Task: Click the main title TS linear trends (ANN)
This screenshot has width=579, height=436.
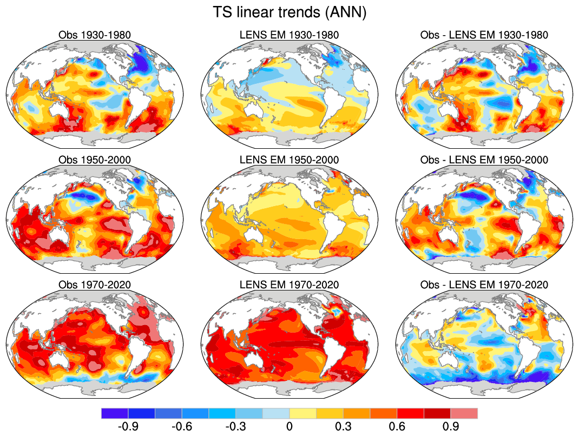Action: point(289,12)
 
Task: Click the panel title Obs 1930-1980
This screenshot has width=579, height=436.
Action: point(95,35)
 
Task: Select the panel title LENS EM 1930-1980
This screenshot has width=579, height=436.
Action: point(289,35)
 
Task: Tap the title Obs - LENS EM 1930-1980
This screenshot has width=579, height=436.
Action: point(484,35)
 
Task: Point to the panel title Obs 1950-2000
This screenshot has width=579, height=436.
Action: point(95,160)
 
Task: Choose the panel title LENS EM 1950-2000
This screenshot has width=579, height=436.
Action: point(289,160)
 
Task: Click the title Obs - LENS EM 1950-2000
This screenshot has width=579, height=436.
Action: point(484,160)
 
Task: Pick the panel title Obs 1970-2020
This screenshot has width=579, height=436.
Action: point(95,285)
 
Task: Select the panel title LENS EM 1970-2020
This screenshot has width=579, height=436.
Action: point(289,285)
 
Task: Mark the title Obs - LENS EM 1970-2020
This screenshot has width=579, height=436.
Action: point(484,285)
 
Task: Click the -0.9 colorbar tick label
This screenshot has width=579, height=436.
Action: point(128,426)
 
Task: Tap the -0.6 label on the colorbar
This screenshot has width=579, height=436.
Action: point(182,426)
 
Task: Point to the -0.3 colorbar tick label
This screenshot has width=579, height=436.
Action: point(235,426)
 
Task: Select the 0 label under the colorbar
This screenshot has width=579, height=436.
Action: point(289,426)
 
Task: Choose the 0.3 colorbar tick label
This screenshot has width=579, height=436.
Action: point(343,426)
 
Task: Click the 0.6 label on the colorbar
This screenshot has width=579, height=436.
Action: point(397,426)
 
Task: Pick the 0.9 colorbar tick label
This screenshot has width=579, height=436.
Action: point(450,426)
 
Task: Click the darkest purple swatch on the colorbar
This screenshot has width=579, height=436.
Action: point(115,413)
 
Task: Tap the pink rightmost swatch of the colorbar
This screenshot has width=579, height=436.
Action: point(464,413)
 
